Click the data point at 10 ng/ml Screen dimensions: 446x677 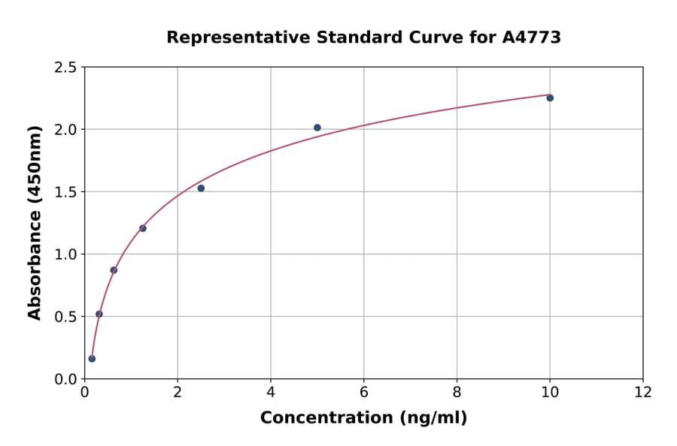pyautogui.click(x=550, y=98)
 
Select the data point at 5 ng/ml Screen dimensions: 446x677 pyautogui.click(x=317, y=128)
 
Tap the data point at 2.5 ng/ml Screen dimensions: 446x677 pyautogui.click(x=201, y=188)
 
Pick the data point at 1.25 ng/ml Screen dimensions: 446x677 pyautogui.click(x=143, y=228)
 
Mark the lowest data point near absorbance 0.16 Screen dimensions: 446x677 pyautogui.click(x=92, y=358)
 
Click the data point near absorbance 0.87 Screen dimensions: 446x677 pyautogui.click(x=114, y=270)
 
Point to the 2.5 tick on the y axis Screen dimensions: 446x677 pyautogui.click(x=66, y=68)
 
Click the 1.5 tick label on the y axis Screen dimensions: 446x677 pyautogui.click(x=66, y=192)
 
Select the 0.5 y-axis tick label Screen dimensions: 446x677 pyautogui.click(x=66, y=317)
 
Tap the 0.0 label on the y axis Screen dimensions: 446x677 pyautogui.click(x=66, y=379)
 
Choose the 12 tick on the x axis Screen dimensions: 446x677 pyautogui.click(x=643, y=392)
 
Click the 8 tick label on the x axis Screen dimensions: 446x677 pyautogui.click(x=457, y=392)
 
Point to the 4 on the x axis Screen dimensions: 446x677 pyautogui.click(x=271, y=392)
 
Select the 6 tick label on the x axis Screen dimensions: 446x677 pyautogui.click(x=364, y=392)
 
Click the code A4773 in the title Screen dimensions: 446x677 pyautogui.click(x=532, y=37)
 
